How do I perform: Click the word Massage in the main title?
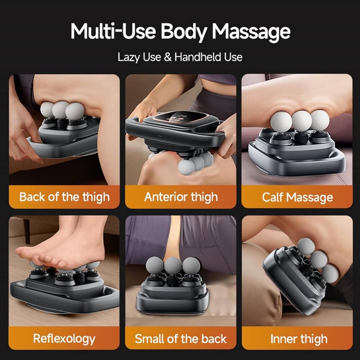click(x=251, y=32)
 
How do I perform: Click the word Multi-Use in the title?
click(x=113, y=31)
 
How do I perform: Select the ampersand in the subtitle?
click(x=168, y=57)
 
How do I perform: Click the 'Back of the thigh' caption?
click(x=64, y=197)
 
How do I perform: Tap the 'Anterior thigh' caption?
click(x=181, y=197)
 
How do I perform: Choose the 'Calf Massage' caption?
click(x=297, y=197)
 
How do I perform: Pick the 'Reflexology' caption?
click(x=64, y=338)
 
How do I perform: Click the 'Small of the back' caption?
click(x=181, y=338)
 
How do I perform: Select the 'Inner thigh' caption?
click(x=297, y=338)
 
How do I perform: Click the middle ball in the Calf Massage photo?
click(x=301, y=120)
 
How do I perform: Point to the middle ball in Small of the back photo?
click(x=173, y=266)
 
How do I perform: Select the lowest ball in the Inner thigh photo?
click(x=330, y=274)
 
